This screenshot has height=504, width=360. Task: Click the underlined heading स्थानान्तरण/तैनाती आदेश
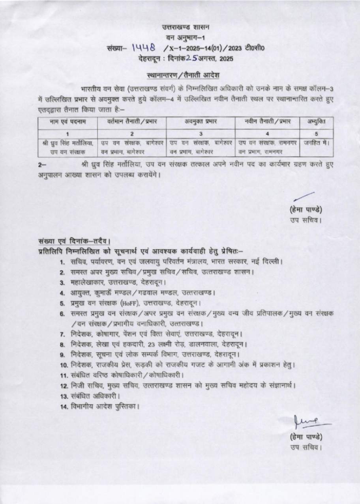[180, 75]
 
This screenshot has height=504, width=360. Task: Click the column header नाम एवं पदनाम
[67, 122]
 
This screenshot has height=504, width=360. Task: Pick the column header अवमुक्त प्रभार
[201, 122]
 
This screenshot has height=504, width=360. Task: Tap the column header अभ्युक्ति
[316, 122]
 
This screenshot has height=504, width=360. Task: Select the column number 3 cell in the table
[201, 133]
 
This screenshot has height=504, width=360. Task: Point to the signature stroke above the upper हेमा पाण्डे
[305, 196]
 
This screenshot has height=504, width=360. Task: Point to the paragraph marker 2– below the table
[43, 163]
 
